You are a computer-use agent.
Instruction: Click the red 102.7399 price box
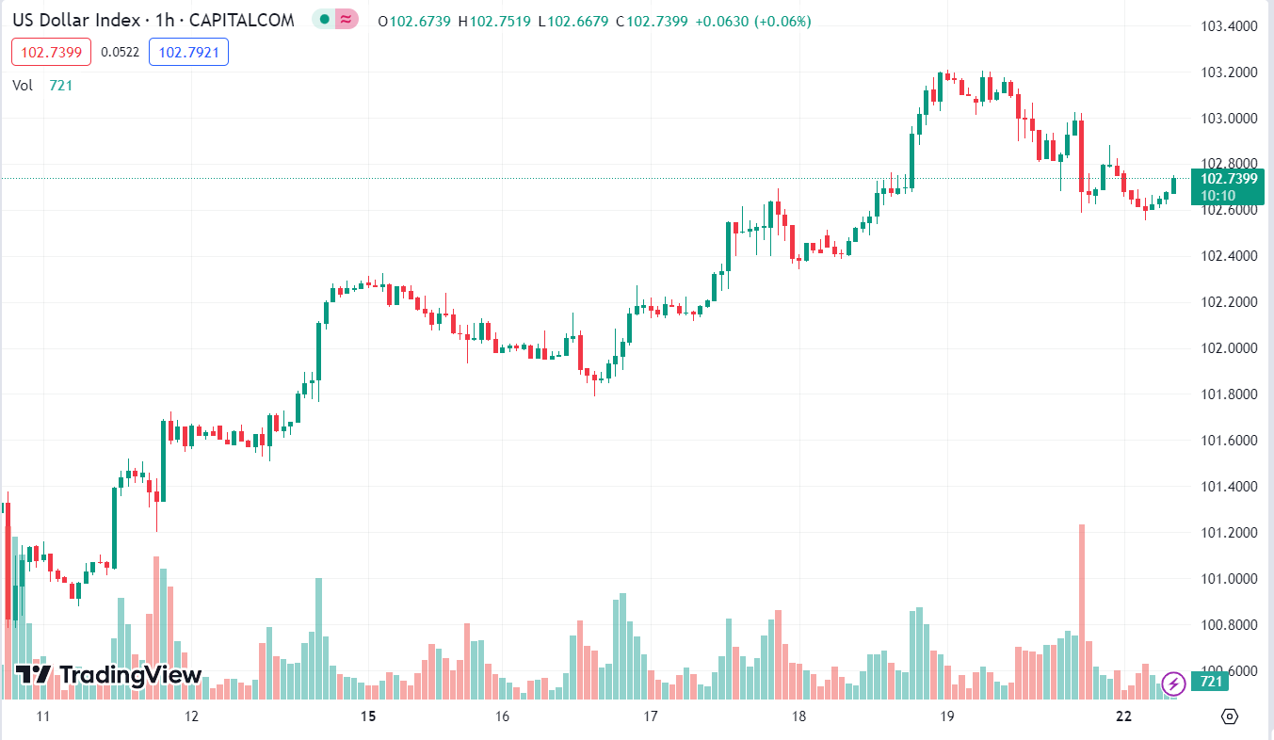pos(51,53)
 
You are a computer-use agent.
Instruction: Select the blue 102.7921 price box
pos(188,53)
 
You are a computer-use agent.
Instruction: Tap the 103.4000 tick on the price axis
pos(1230,25)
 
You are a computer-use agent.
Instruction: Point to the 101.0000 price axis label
pos(1230,579)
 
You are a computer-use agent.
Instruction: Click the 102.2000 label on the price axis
pos(1230,302)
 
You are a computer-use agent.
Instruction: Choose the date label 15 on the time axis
pos(368,716)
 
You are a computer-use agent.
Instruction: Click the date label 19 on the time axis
pos(947,716)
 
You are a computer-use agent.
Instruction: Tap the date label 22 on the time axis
pos(1123,716)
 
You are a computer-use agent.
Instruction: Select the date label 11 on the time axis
pos(42,716)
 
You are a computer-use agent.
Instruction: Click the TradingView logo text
pos(130,674)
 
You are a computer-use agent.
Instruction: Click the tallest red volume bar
pos(1082,612)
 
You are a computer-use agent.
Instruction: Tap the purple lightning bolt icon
pos(1173,683)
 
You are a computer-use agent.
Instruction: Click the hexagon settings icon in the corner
pos(1229,716)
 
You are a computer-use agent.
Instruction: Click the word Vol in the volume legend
pos(23,86)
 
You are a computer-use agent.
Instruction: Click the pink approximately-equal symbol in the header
pos(347,19)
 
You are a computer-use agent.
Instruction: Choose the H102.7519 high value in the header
pos(495,22)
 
